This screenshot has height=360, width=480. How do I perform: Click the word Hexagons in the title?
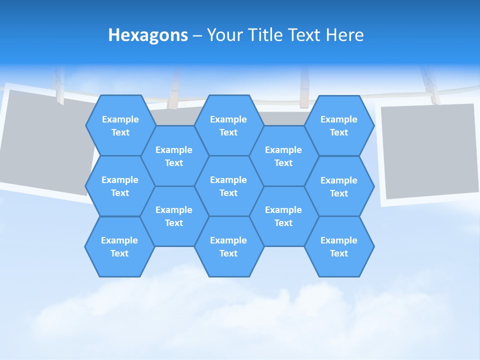[148, 35]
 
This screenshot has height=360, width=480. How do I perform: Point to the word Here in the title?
[344, 35]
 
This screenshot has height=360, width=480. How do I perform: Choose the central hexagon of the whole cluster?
[228, 186]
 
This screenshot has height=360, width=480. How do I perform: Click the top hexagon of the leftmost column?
[120, 125]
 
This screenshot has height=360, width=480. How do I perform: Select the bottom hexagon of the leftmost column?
[119, 246]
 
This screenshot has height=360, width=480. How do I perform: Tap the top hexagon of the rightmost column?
[339, 125]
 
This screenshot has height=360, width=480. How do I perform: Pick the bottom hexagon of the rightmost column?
[339, 246]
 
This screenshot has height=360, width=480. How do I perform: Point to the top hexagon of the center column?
[228, 125]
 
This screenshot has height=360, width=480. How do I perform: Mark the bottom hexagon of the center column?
[228, 246]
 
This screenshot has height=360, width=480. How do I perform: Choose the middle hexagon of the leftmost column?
[120, 186]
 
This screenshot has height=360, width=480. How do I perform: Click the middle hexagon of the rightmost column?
[339, 186]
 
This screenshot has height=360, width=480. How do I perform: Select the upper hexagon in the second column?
[174, 156]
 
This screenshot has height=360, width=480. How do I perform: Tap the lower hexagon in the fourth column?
[283, 216]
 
